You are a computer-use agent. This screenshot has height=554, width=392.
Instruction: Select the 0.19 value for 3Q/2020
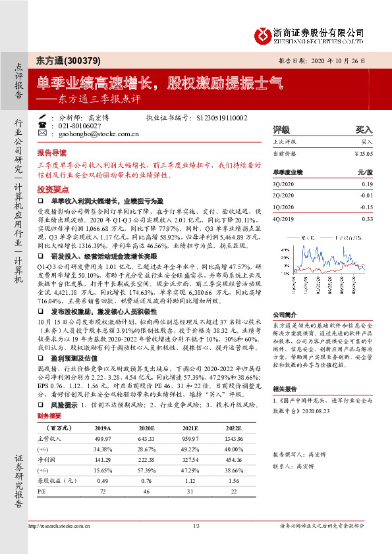click(x=367, y=185)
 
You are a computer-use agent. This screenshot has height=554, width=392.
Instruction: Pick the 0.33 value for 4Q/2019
click(x=367, y=218)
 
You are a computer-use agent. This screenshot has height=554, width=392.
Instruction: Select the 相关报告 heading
click(x=283, y=389)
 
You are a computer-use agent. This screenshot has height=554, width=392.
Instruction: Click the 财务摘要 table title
click(x=49, y=398)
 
